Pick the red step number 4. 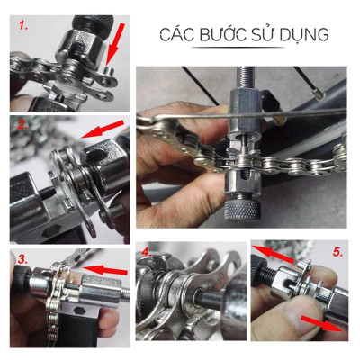click(x=147, y=250)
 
